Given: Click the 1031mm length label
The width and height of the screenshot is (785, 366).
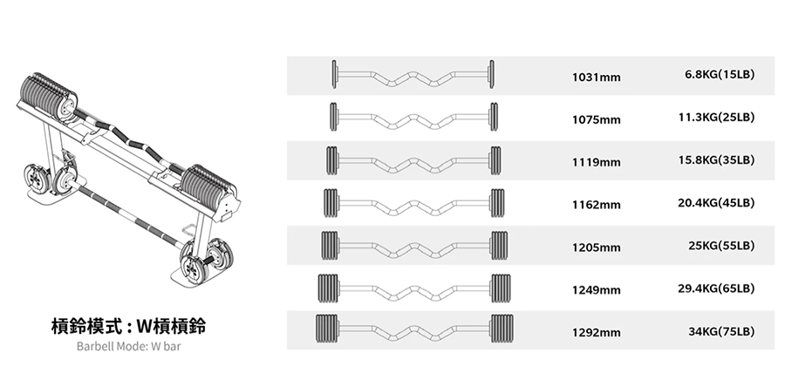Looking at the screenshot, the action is tap(597, 77).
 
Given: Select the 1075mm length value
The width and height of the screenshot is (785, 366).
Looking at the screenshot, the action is tap(597, 119).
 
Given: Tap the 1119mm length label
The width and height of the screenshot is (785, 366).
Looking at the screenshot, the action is tap(597, 162).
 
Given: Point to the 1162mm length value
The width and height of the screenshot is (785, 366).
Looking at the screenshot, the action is tap(597, 205).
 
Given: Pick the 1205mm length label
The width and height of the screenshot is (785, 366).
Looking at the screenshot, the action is tap(597, 247).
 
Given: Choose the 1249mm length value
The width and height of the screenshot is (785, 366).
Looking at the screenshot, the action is tap(597, 290).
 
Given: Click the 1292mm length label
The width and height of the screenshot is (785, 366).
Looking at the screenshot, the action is tap(597, 333).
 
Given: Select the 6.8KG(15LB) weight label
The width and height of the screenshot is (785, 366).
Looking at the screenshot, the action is tap(720, 74).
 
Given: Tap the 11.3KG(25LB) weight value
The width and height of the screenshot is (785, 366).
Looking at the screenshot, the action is tap(716, 117).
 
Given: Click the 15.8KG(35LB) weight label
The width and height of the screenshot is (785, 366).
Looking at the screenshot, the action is tap(716, 160).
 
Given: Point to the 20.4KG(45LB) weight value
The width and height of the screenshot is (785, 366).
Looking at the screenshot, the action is tap(716, 202).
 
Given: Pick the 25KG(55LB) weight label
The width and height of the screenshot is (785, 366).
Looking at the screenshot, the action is tap(721, 246).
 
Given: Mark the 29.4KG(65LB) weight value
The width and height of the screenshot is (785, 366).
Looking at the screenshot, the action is tap(716, 288).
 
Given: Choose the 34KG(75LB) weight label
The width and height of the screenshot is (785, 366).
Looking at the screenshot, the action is tap(721, 331).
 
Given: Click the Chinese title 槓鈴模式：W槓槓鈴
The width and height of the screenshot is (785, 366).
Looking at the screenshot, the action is tap(129, 326).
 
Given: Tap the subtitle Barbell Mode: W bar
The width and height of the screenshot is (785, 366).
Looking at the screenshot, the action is tap(129, 346).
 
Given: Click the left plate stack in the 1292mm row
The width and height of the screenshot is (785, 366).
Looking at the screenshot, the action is tap(327, 329).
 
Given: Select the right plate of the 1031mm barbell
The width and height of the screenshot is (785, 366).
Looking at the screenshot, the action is tap(492, 74).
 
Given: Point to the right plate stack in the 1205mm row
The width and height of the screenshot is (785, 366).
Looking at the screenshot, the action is tap(499, 246).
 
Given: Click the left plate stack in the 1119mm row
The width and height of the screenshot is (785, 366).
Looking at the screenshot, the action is tap(332, 160).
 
